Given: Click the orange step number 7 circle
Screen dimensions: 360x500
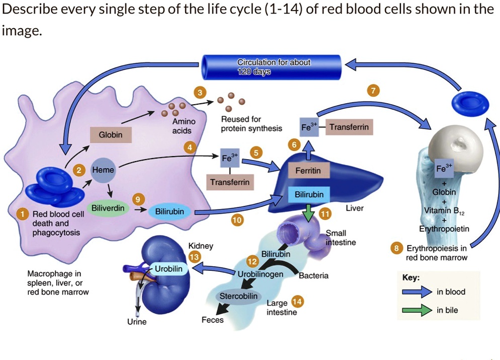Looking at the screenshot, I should (x=372, y=91).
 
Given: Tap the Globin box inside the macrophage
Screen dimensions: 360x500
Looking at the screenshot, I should (x=110, y=135).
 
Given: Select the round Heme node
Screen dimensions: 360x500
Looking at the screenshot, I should (x=103, y=171).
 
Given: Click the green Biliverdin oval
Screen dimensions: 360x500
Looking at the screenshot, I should (x=108, y=208).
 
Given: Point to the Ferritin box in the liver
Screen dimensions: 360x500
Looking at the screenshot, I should (x=308, y=171).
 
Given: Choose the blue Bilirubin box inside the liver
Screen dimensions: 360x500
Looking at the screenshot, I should (x=309, y=194).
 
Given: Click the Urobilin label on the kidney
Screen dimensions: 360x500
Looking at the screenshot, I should (x=169, y=269).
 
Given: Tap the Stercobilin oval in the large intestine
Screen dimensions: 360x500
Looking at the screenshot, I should (x=238, y=296).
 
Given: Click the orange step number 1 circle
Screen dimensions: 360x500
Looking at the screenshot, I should (x=22, y=214).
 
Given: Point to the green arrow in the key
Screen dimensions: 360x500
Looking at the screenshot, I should (x=417, y=310).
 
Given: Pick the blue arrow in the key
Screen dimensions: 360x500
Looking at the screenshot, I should (x=417, y=292).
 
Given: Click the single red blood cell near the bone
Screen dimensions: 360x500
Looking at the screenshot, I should (x=470, y=104).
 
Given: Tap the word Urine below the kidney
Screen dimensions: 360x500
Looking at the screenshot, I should (x=136, y=322).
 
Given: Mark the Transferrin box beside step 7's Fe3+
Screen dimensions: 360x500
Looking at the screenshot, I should (x=349, y=127).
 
